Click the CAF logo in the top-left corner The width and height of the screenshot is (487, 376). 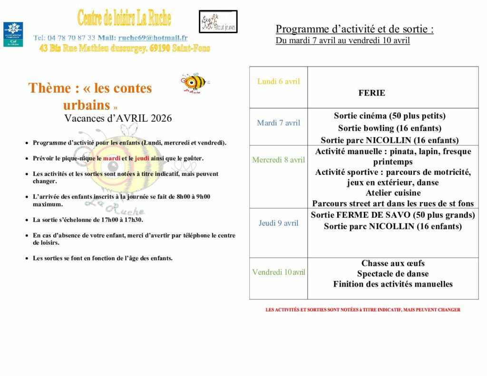point(13,34)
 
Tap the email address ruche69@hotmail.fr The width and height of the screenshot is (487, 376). point(153,38)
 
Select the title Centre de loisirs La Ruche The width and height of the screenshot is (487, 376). point(124,18)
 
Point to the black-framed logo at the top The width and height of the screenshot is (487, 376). point(218,21)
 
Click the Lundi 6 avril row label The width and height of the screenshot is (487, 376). point(279,81)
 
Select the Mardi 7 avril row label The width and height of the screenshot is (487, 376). point(279,123)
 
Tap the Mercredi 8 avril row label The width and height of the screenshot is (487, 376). point(279,160)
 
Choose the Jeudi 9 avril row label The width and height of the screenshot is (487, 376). point(279,223)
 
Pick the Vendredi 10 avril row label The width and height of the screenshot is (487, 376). point(279,272)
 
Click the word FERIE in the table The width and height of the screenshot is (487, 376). point(372,93)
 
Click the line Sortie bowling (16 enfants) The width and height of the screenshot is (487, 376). point(390,128)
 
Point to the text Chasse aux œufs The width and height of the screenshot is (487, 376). point(393,263)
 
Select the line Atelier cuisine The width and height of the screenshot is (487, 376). point(393,193)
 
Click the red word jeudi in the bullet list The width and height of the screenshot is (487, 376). point(142,158)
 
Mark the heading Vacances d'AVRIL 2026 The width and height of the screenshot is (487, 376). point(118,118)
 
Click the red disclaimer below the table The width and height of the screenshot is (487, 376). point(363,310)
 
